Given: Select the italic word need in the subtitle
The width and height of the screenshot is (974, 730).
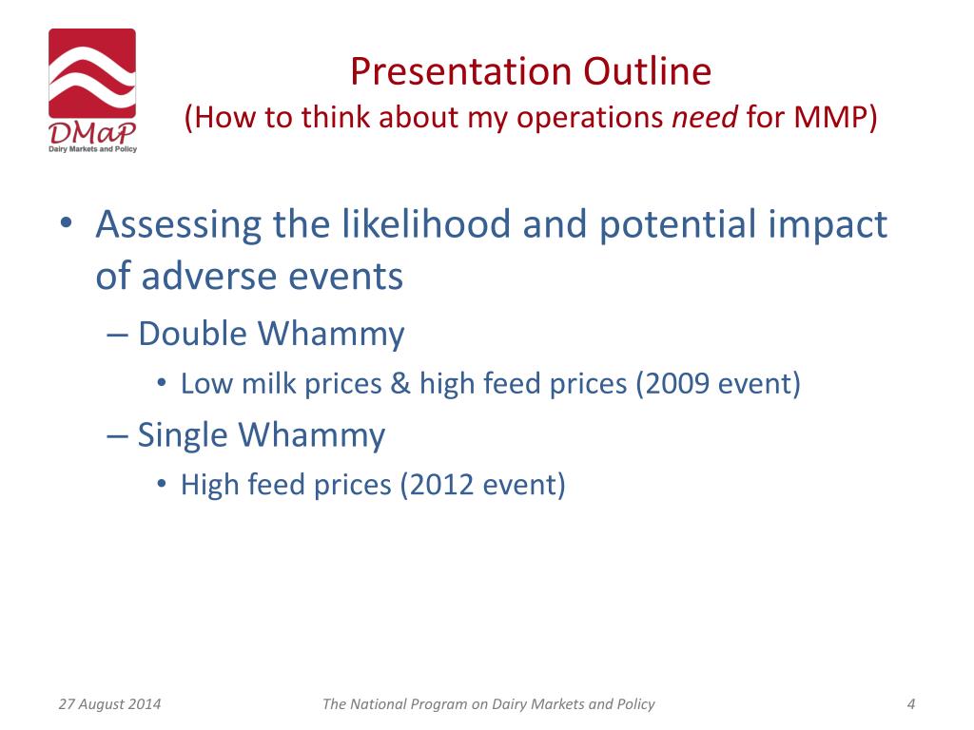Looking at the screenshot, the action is click(705, 117).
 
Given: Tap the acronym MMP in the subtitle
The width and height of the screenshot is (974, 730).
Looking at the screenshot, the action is click(828, 117).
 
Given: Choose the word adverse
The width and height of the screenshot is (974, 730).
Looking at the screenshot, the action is click(208, 277).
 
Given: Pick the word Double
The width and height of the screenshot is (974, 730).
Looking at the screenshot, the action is click(192, 334).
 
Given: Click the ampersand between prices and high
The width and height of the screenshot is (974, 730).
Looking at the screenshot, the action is click(400, 384).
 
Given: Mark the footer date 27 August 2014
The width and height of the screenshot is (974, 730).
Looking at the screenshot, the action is click(110, 704).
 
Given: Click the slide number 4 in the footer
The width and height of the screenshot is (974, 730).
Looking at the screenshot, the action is click(911, 704).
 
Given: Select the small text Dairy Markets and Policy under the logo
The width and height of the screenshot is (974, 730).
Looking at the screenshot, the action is click(93, 149).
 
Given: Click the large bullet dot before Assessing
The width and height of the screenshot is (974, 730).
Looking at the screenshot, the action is click(68, 222).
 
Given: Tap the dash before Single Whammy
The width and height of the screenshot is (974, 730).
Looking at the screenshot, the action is click(117, 435).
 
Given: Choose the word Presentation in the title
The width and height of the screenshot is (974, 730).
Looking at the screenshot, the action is click(460, 70).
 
